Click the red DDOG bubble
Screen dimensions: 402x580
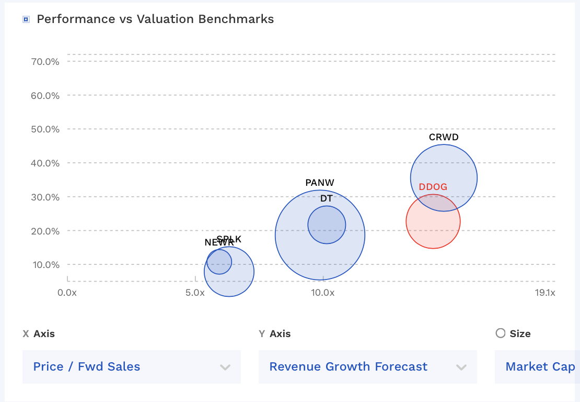tap(433, 225)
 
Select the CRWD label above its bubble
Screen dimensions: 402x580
tap(444, 137)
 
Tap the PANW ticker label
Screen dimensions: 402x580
tap(320, 183)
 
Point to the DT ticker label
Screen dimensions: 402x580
tap(327, 198)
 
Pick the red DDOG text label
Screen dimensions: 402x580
tap(433, 187)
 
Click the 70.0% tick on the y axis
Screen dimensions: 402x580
tap(45, 61)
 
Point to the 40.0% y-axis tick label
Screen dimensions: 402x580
tap(45, 163)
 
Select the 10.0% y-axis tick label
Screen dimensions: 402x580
tap(45, 264)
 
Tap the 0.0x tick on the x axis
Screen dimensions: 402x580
tap(67, 293)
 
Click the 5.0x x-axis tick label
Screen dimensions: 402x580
tap(195, 293)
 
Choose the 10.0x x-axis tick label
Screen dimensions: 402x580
tap(322, 293)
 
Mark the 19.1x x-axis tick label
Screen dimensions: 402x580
tap(545, 293)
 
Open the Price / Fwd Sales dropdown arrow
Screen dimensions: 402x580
tap(225, 367)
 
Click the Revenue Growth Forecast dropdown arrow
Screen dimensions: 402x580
tap(461, 367)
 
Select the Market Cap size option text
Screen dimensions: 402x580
tap(540, 367)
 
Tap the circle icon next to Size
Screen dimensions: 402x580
tap(501, 333)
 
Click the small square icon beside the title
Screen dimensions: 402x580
tap(26, 19)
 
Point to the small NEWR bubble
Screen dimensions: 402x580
tap(219, 261)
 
